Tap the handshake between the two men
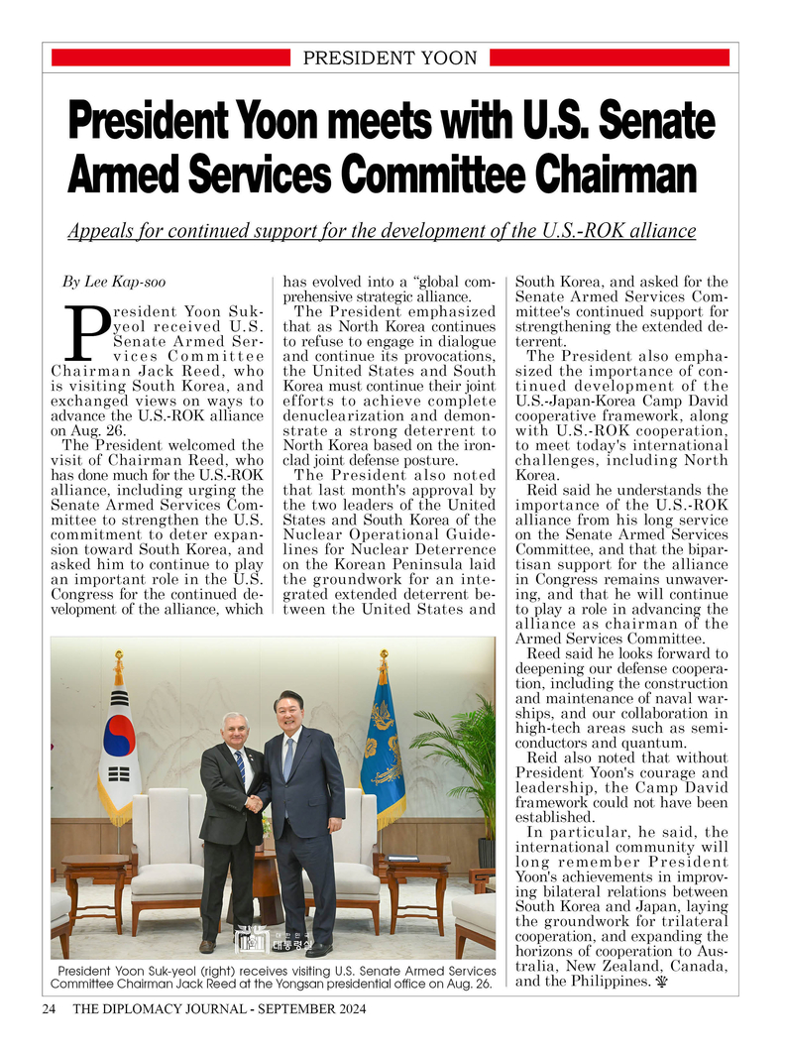[256, 802]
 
